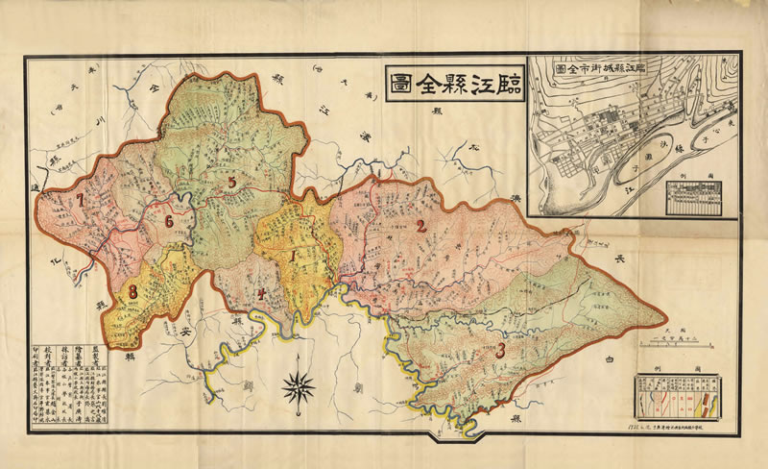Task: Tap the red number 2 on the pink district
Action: [x=420, y=227]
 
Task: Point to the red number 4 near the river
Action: [x=260, y=294]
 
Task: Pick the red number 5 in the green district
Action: [x=231, y=182]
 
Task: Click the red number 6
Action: [x=169, y=222]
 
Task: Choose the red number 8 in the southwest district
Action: [x=133, y=292]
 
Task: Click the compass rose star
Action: [x=300, y=386]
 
